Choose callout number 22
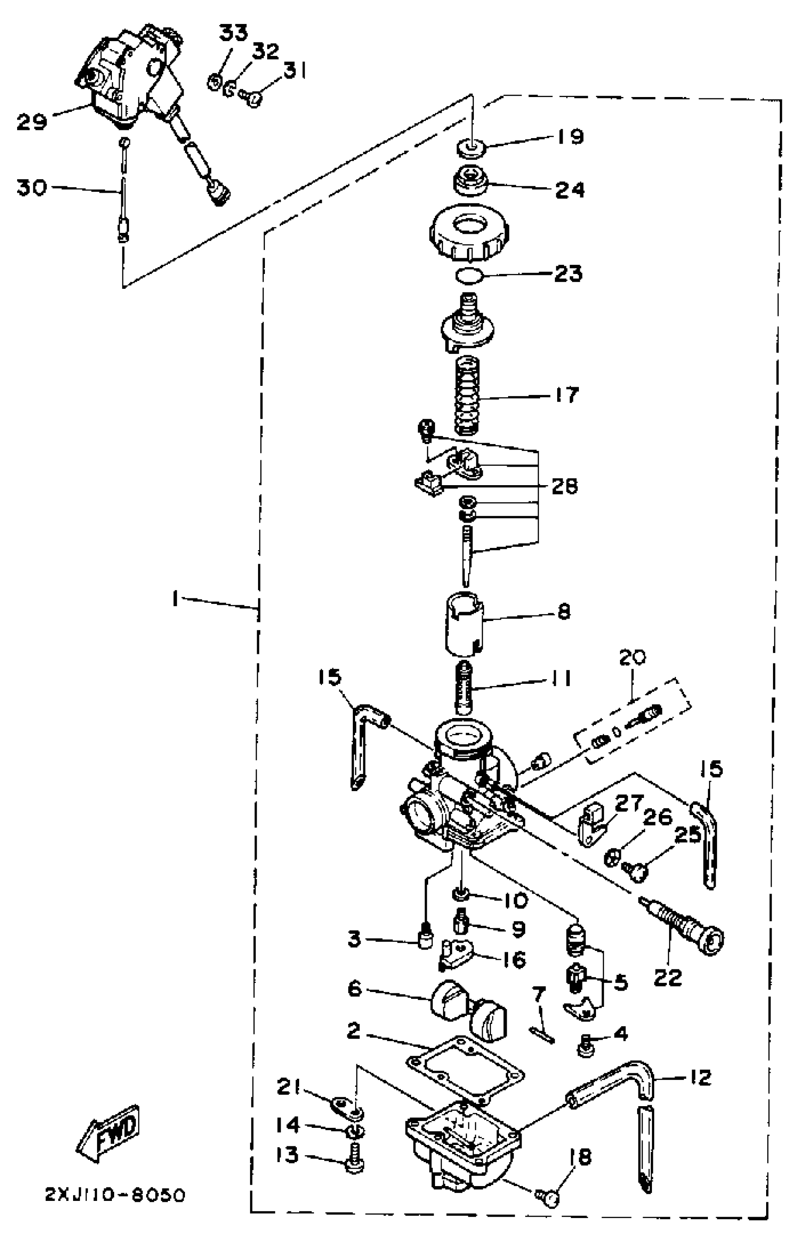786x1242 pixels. coord(668,976)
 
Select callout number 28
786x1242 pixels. coord(564,486)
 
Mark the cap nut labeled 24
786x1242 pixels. coord(469,183)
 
